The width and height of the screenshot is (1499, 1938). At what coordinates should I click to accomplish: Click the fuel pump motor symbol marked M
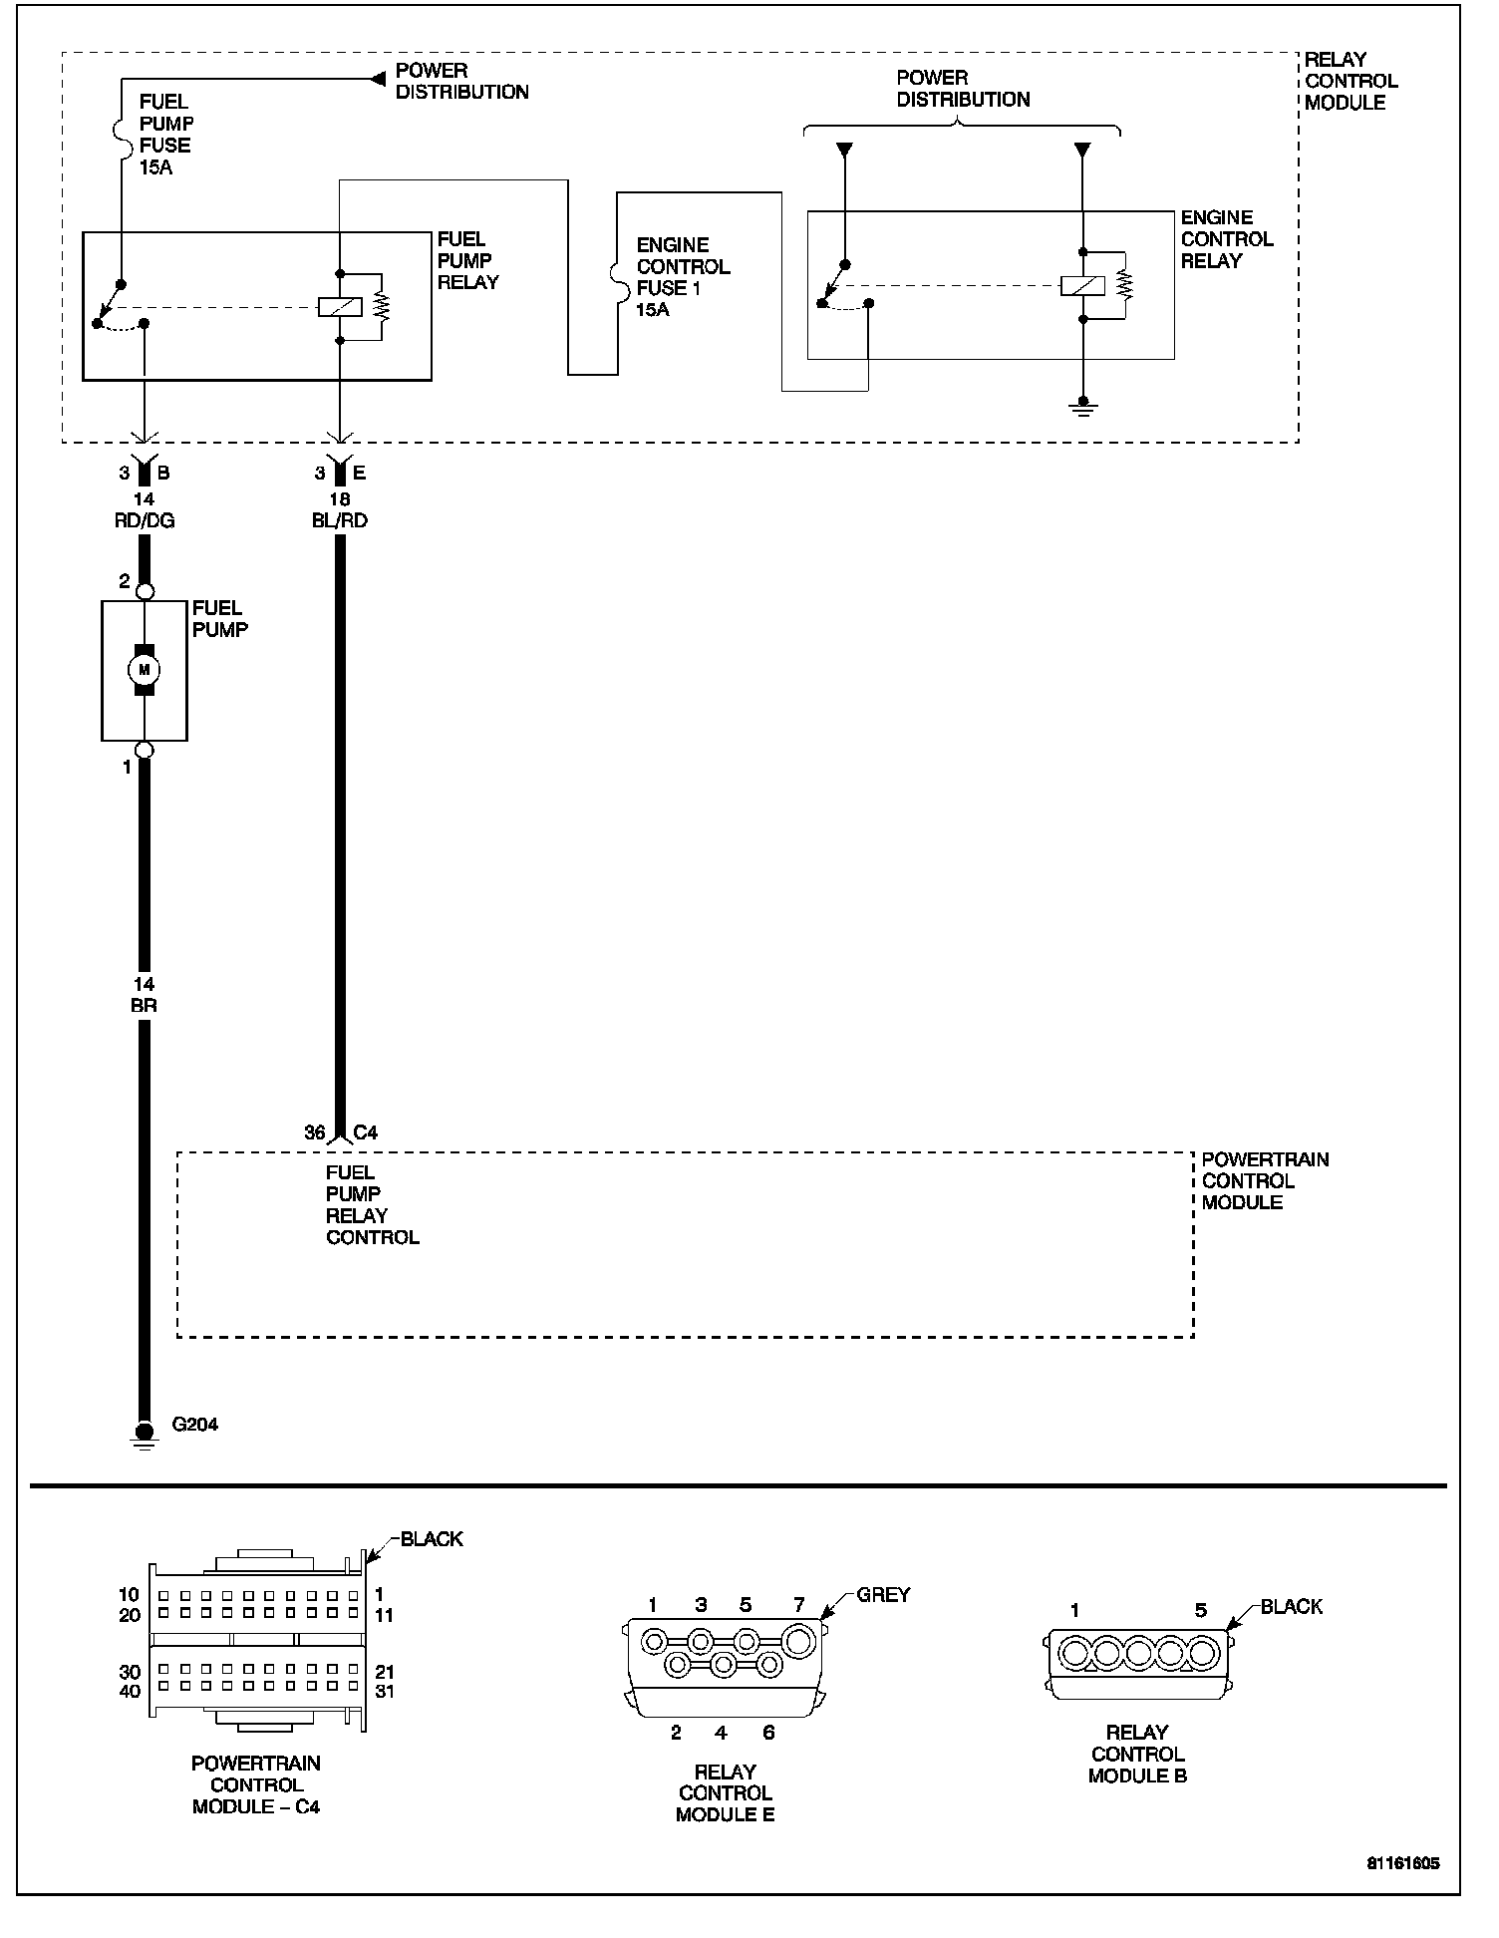click(x=145, y=670)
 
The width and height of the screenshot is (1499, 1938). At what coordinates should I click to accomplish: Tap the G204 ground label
click(x=195, y=1424)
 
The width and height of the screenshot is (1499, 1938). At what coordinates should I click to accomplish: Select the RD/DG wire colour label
click(x=146, y=520)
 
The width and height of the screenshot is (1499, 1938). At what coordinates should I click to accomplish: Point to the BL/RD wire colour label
click(x=340, y=520)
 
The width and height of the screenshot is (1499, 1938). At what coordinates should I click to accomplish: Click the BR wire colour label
click(x=145, y=1006)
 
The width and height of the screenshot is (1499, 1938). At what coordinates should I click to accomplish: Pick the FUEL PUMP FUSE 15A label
click(x=165, y=135)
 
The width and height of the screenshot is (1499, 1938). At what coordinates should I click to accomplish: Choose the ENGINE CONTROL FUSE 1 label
click(x=684, y=277)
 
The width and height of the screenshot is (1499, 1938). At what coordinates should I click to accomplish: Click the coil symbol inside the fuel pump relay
click(x=340, y=307)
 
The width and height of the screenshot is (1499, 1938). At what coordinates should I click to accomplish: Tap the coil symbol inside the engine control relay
click(x=1082, y=286)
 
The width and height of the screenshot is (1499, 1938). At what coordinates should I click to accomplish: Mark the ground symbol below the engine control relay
click(x=1082, y=409)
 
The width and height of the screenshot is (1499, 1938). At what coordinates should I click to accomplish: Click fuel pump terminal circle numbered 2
click(x=145, y=591)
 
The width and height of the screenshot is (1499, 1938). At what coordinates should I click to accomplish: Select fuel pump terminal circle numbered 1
click(x=145, y=750)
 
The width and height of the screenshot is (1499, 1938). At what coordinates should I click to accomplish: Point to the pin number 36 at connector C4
click(x=314, y=1132)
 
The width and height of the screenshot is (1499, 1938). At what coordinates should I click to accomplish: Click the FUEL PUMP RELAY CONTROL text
click(x=373, y=1204)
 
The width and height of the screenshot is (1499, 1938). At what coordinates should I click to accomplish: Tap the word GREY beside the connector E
click(x=883, y=1595)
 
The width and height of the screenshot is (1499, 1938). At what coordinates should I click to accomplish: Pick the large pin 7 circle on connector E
click(x=799, y=1640)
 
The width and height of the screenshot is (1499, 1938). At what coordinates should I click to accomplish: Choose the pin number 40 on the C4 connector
click(x=131, y=1691)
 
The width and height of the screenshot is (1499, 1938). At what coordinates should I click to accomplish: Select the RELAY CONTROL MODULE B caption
click(x=1137, y=1754)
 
